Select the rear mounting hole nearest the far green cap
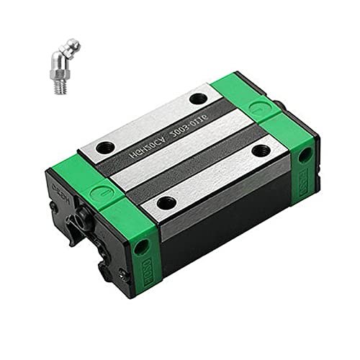[198, 99]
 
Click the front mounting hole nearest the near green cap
[166, 204]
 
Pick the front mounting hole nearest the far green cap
[261, 150]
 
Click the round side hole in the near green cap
[141, 246]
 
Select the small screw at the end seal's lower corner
[122, 273]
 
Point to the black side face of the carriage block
[223, 230]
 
